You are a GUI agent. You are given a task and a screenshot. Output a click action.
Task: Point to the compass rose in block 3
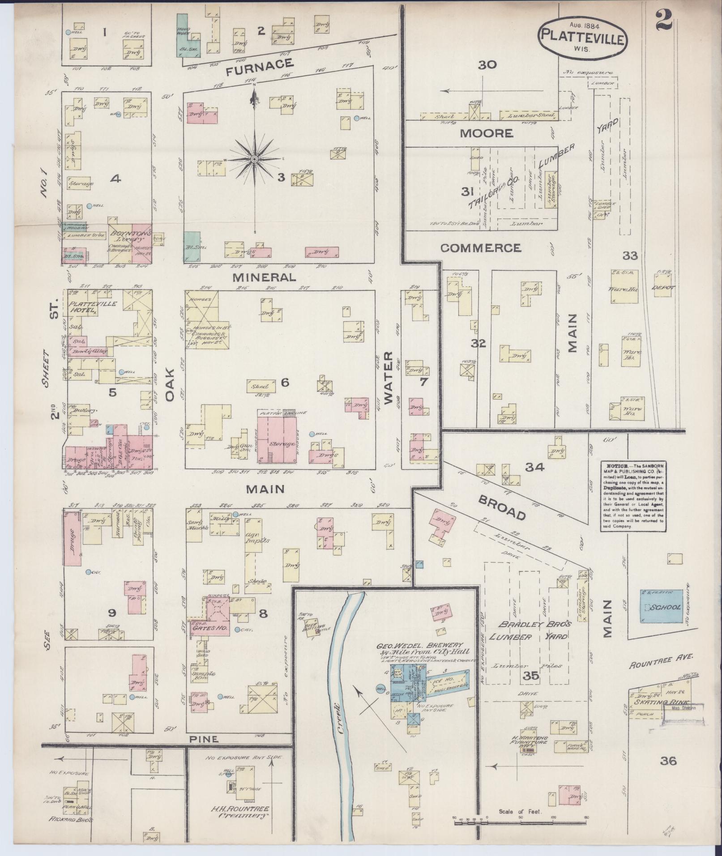[254, 159]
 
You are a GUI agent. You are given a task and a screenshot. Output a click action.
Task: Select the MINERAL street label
[264, 277]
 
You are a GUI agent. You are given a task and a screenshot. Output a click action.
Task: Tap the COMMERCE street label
[480, 248]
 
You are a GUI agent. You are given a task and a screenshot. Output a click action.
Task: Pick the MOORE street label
[486, 133]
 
